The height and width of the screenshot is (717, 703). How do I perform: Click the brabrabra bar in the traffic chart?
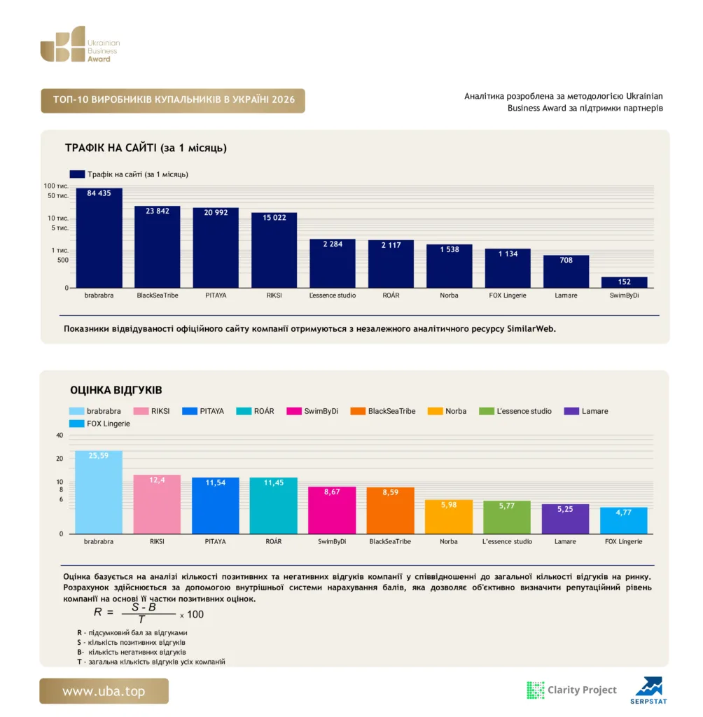(99, 238)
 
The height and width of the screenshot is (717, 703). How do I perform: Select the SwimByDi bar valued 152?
(625, 282)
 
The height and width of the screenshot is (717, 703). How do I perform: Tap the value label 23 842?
(158, 211)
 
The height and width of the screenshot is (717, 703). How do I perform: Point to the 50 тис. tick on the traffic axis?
(58, 196)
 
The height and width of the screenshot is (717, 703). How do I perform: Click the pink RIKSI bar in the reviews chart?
(157, 504)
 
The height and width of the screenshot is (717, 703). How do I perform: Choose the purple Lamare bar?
(565, 519)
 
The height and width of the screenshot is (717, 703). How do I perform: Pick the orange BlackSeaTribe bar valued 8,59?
(390, 510)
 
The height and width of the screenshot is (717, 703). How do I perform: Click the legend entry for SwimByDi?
(312, 411)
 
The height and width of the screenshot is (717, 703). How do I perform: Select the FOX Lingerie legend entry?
(99, 424)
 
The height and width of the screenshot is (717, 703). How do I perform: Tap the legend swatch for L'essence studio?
(486, 411)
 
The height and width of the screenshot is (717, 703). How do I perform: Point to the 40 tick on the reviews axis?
(60, 436)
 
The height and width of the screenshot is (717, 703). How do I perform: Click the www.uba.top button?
(104, 691)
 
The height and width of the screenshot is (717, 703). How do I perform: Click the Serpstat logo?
(648, 690)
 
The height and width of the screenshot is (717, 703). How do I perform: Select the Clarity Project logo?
(571, 690)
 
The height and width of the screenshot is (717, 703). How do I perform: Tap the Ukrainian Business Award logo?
(80, 44)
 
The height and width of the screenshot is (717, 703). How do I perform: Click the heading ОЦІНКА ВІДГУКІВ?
(116, 390)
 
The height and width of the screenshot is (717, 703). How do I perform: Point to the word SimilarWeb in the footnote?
(531, 329)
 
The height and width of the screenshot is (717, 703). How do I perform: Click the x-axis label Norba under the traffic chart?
(449, 295)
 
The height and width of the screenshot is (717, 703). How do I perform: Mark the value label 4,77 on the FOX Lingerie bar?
(623, 513)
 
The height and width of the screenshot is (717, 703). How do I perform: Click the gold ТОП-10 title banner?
(173, 101)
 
